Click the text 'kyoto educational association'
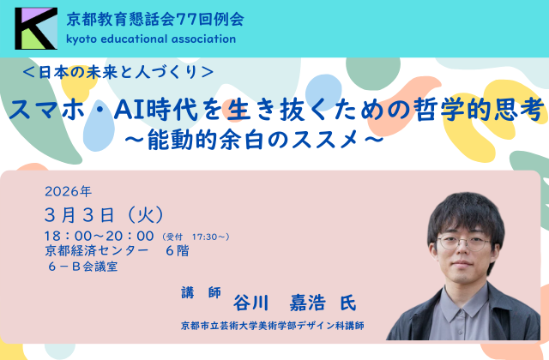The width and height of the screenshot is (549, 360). [150, 39]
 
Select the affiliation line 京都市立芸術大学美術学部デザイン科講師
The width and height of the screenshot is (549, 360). [273, 327]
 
